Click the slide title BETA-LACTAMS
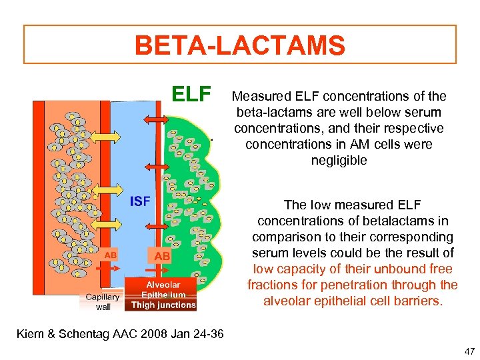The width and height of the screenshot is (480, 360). (240, 46)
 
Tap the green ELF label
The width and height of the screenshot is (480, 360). (191, 94)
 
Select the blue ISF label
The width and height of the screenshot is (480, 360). (139, 201)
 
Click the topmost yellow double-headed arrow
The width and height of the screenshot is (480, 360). (105, 136)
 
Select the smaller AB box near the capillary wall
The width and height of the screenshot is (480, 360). (111, 254)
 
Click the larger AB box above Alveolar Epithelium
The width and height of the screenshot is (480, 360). (162, 256)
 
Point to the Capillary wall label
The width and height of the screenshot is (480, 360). (103, 302)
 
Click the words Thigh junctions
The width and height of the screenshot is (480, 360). (163, 305)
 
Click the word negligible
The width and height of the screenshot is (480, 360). (339, 160)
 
